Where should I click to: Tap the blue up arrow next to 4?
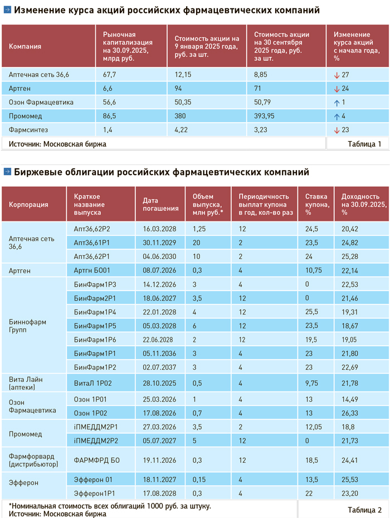click(x=337, y=116)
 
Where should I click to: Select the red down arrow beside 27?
click(x=337, y=75)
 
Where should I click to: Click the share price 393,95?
click(x=266, y=116)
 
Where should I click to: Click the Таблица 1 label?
click(x=364, y=144)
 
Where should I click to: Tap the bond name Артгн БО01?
click(x=91, y=270)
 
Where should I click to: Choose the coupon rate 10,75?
click(x=315, y=270)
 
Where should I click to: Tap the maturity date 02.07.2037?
click(x=160, y=366)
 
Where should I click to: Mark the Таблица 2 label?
click(x=364, y=509)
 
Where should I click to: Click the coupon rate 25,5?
click(x=312, y=312)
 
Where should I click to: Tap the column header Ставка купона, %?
click(x=316, y=204)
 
